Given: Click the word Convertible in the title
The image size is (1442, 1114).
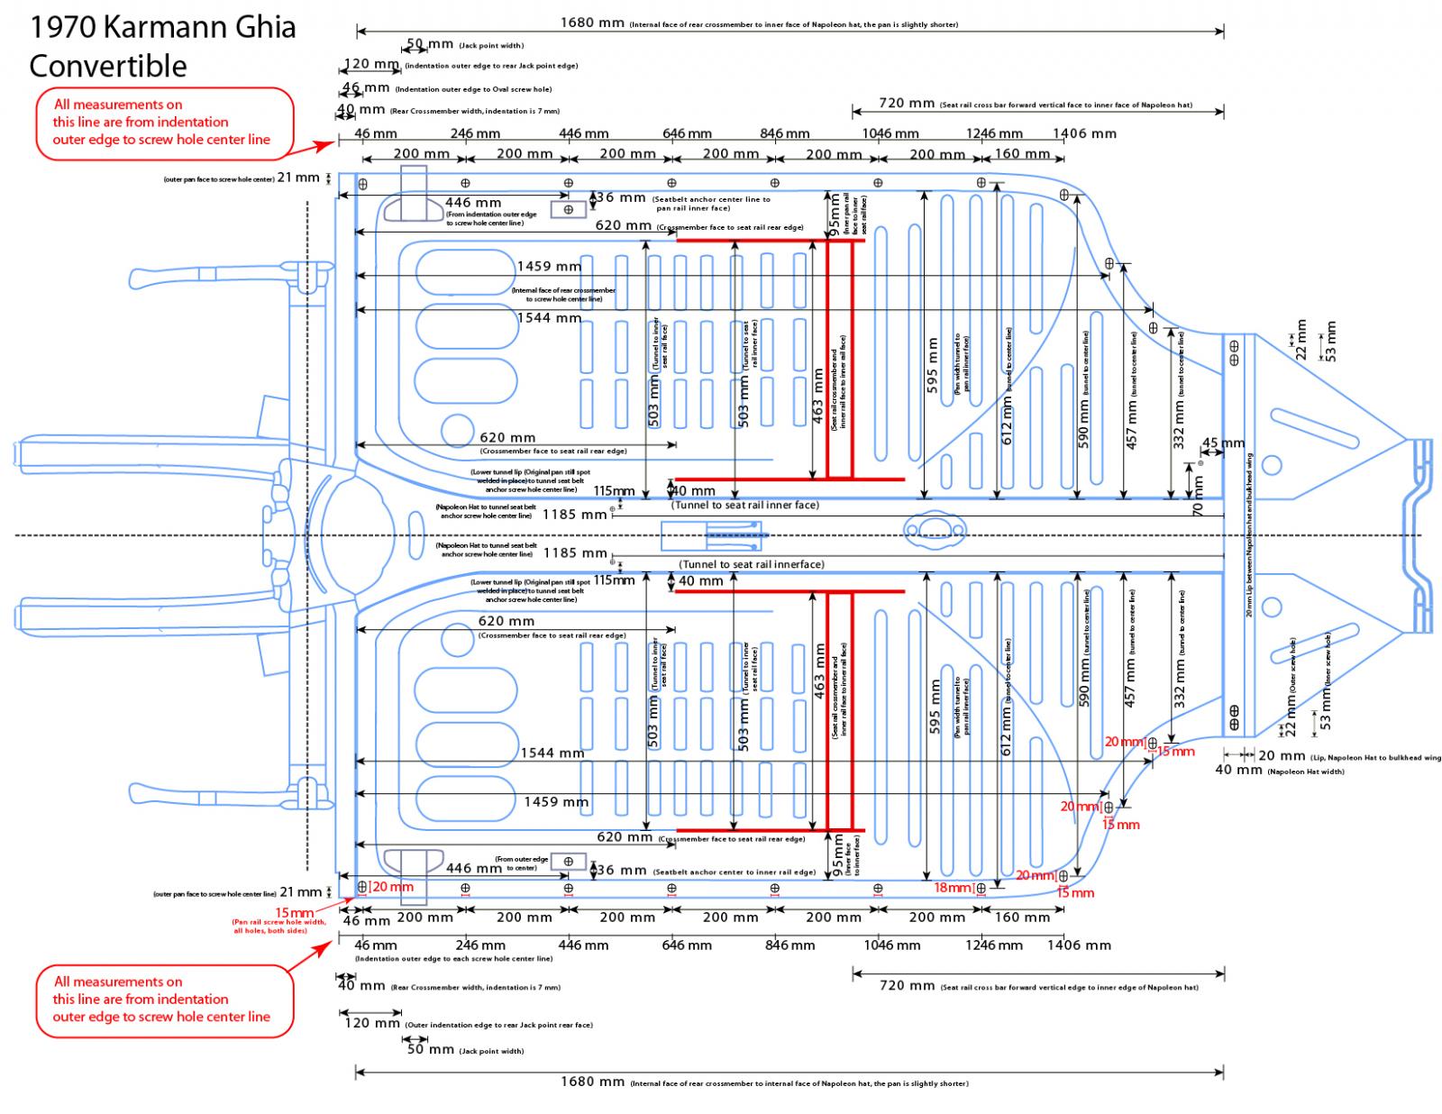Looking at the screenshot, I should (x=107, y=66).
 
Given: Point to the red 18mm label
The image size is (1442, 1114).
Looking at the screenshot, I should (x=953, y=888).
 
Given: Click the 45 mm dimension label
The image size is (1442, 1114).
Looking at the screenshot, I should (x=1223, y=443).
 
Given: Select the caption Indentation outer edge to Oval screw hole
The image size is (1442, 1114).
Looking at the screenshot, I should (x=473, y=89).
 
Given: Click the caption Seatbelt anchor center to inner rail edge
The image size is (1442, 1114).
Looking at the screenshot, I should (x=735, y=872).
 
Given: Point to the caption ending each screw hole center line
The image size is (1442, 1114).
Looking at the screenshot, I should (x=453, y=959).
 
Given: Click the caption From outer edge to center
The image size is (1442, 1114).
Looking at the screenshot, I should (x=521, y=863).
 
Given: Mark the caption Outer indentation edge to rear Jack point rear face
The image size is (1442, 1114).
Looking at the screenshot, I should (x=498, y=1025).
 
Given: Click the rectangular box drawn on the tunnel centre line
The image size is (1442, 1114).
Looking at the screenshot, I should (x=712, y=538).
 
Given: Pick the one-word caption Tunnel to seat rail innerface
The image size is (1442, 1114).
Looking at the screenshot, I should (x=752, y=564).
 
